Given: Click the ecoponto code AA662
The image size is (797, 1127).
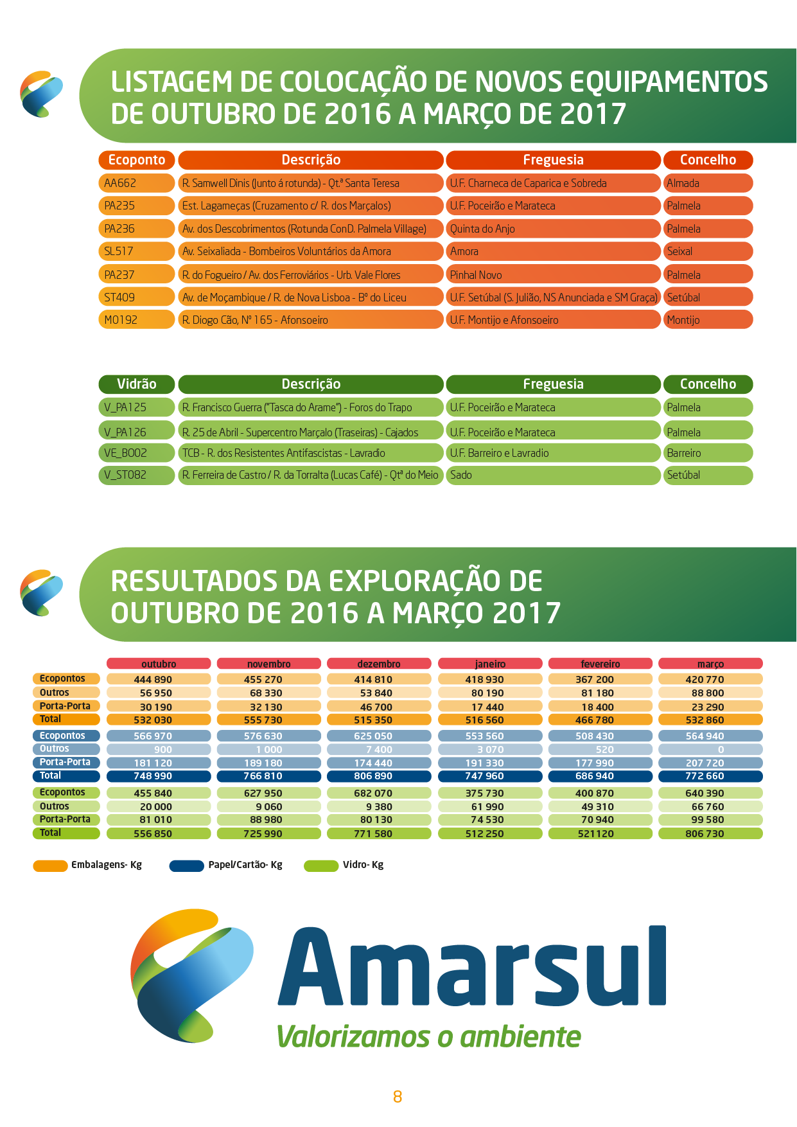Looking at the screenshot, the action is (x=136, y=183).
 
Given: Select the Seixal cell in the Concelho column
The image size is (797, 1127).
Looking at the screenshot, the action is (x=708, y=251).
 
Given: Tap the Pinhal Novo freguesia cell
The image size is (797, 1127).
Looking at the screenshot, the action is (x=553, y=274).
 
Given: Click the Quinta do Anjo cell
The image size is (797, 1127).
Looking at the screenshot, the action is (x=553, y=229).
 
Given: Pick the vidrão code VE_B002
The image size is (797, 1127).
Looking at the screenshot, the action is (x=136, y=453).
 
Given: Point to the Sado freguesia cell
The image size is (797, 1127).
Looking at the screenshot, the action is (x=553, y=475).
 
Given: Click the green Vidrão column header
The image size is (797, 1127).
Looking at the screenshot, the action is (x=136, y=384).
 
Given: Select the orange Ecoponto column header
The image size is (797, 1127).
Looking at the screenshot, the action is (x=136, y=160).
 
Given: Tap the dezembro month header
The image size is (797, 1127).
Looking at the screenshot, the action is (x=379, y=664).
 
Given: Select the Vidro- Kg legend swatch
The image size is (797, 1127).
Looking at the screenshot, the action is (x=321, y=866).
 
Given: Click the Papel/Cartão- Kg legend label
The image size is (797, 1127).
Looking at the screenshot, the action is (x=245, y=865).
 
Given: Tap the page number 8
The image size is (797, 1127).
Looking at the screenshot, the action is (x=398, y=1097).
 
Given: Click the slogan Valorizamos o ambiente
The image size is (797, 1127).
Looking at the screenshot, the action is (x=428, y=1036).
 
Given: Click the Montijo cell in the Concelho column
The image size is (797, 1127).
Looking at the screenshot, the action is (x=708, y=320).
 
